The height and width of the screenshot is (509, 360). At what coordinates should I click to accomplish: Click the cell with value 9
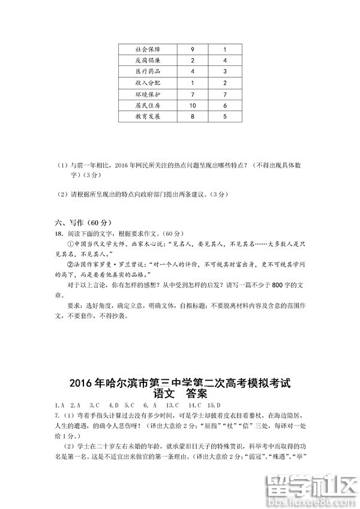[192, 49]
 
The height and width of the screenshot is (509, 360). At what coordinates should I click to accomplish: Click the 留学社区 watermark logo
[313, 485]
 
